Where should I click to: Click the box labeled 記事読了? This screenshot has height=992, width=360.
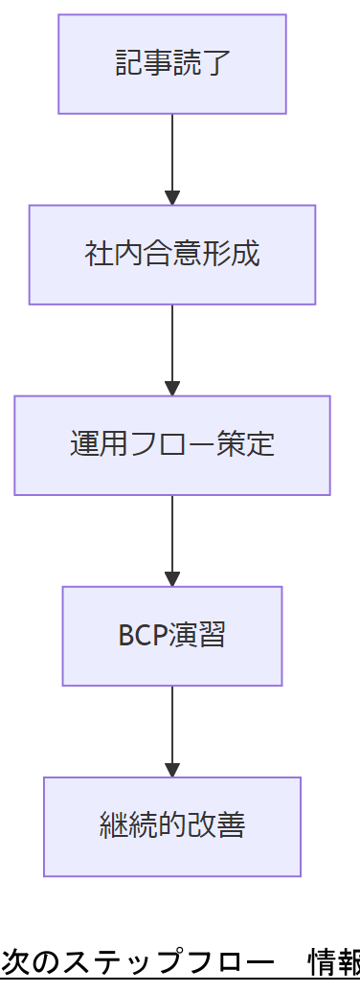pyautogui.click(x=172, y=64)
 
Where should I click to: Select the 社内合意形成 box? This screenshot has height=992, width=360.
pyautogui.click(x=172, y=255)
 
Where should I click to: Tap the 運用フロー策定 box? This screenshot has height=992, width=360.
pyautogui.click(x=172, y=445)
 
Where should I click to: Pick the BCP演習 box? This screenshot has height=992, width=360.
pyautogui.click(x=172, y=636)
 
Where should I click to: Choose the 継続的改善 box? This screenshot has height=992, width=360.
pyautogui.click(x=172, y=826)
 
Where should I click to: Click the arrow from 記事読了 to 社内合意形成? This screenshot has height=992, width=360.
pyautogui.click(x=172, y=159)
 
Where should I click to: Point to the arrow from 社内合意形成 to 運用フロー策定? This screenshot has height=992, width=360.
pyautogui.click(x=172, y=349)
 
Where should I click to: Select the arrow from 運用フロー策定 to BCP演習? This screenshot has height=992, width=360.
pyautogui.click(x=172, y=540)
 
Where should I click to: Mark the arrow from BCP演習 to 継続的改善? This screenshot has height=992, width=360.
pyautogui.click(x=172, y=731)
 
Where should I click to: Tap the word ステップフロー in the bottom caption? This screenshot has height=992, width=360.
pyautogui.click(x=164, y=962)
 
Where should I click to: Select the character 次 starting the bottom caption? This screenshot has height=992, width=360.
pyautogui.click(x=15, y=962)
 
